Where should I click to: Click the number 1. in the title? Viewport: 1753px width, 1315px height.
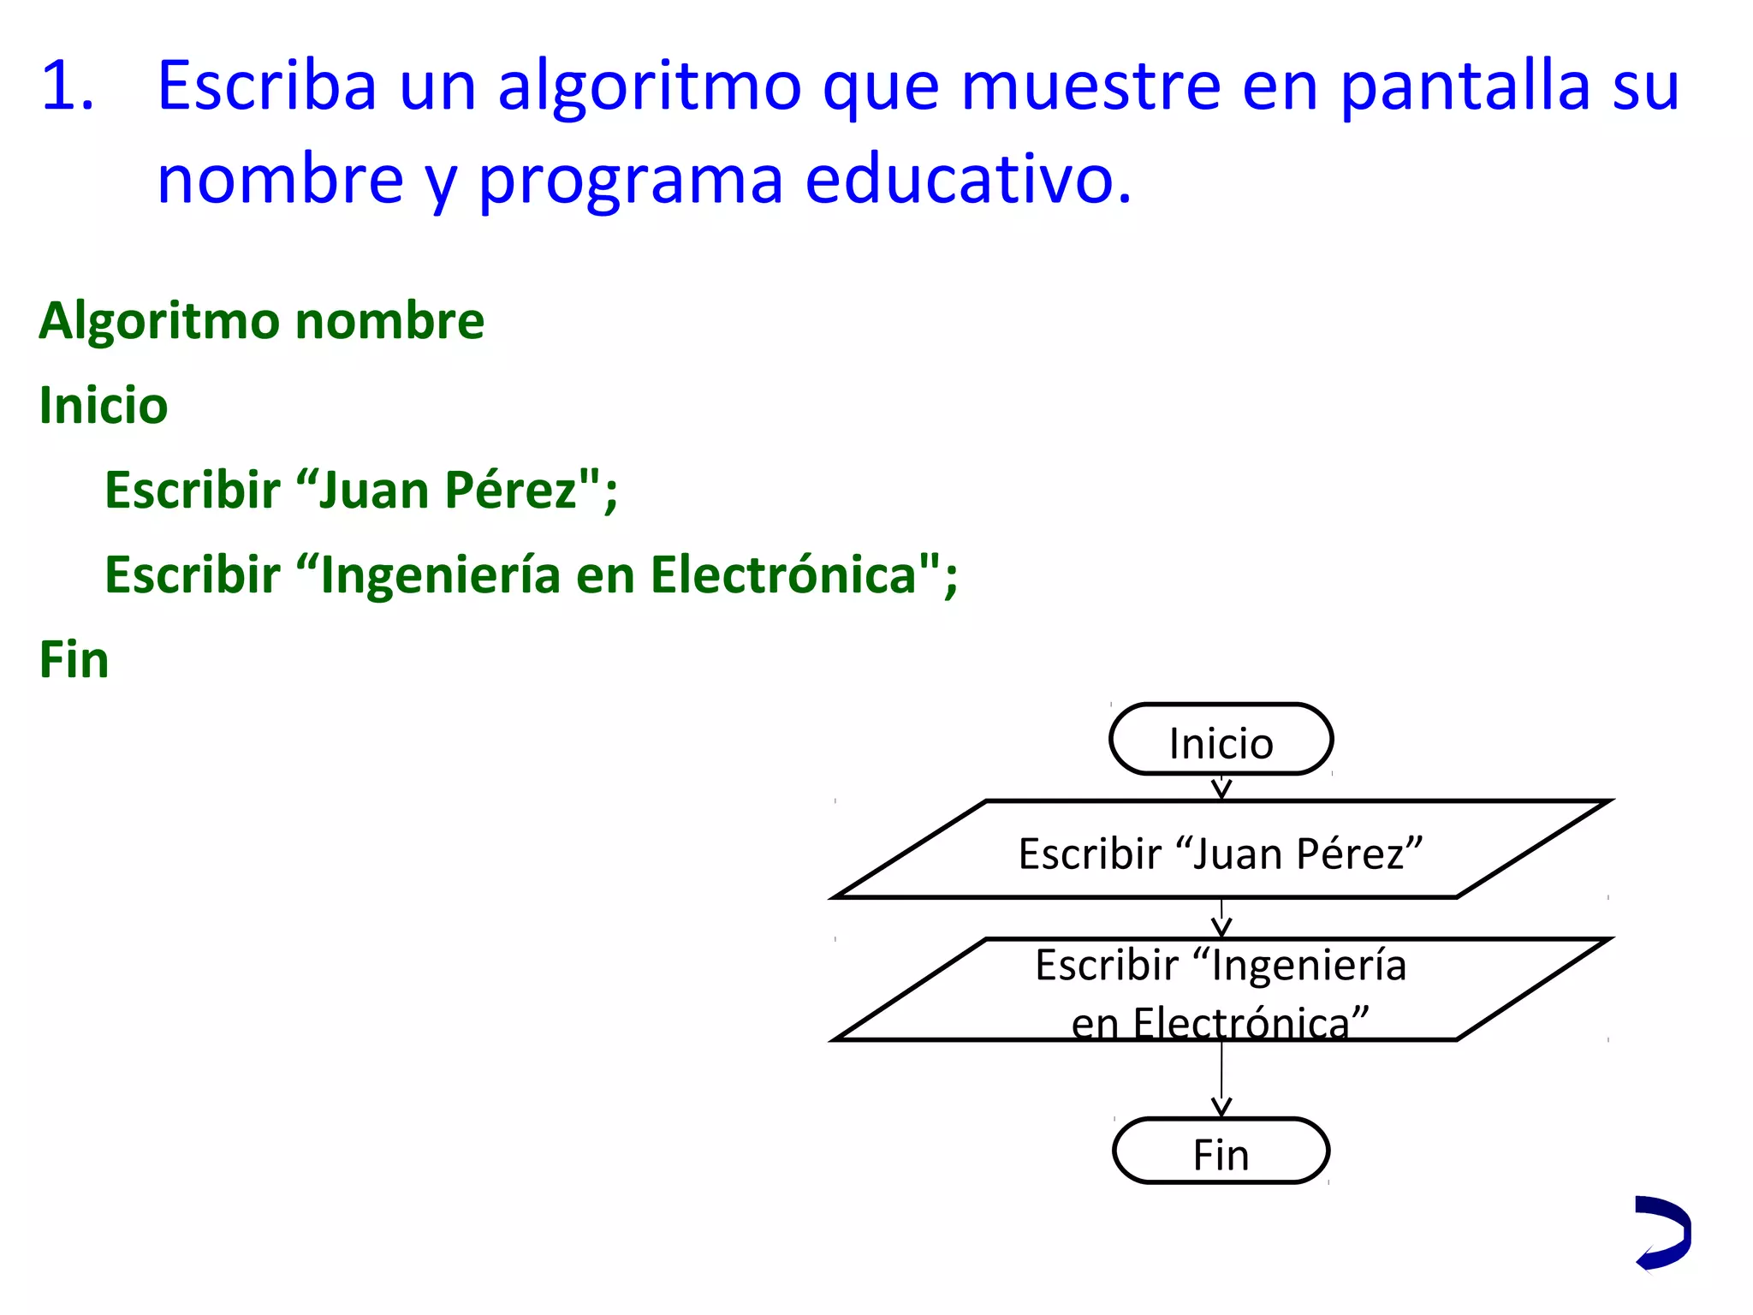tap(67, 86)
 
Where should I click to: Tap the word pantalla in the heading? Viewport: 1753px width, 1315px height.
tap(1465, 86)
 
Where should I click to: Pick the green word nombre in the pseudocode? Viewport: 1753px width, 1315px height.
tap(389, 321)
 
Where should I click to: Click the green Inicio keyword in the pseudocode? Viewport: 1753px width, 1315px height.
tap(104, 405)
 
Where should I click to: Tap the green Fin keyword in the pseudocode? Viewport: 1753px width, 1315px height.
tap(74, 660)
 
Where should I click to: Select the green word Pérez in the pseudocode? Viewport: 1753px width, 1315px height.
tap(511, 491)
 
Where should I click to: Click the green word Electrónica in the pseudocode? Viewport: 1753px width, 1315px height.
tap(783, 574)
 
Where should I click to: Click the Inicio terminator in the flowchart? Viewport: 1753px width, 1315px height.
tap(1221, 741)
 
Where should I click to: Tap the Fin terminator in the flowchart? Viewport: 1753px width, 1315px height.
tap(1221, 1152)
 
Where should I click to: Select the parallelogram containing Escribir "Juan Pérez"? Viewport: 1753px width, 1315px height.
tap(1221, 851)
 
